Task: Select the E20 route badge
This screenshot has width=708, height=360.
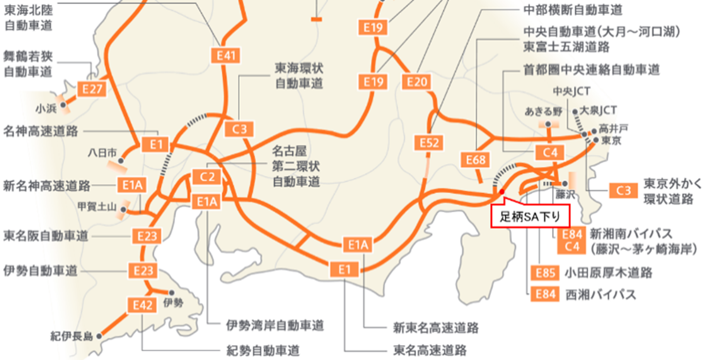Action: (x=417, y=81)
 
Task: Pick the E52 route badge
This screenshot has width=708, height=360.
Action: (x=429, y=143)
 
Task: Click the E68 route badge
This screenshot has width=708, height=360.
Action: (x=476, y=160)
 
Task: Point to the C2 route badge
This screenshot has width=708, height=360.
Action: (x=207, y=177)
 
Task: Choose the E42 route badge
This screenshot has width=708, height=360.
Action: (x=143, y=305)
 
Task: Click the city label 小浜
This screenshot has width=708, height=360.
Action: (x=46, y=109)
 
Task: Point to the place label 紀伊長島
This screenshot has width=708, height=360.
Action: (x=71, y=337)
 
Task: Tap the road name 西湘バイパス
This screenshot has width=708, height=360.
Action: (x=600, y=295)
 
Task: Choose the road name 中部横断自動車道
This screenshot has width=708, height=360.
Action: (x=573, y=10)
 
